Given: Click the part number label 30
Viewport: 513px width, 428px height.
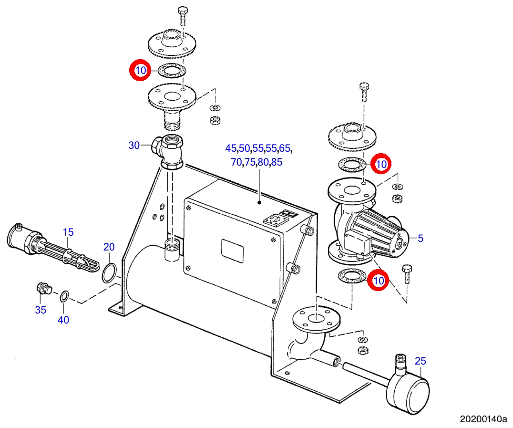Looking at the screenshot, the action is [x=134, y=145].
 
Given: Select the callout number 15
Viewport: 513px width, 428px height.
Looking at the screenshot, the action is [x=68, y=232].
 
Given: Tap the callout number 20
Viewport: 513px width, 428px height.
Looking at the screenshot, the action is [x=109, y=247].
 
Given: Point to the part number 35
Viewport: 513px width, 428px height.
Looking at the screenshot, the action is [x=41, y=310].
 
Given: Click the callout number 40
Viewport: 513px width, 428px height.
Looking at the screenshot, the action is [x=63, y=320].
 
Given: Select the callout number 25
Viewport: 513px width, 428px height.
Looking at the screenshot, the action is [x=421, y=361].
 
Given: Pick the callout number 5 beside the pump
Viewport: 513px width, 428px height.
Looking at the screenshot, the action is [x=421, y=239].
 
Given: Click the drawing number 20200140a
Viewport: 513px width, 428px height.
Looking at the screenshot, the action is [x=483, y=419].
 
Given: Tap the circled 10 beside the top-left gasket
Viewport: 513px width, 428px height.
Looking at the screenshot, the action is [x=140, y=71].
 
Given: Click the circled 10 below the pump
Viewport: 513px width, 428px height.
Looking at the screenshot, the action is [x=378, y=281].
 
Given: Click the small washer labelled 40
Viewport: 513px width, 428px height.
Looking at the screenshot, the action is [x=64, y=296].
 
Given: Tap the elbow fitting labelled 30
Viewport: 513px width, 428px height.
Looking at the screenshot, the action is [x=167, y=151].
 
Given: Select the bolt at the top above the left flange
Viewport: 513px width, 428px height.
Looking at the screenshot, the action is [x=182, y=15].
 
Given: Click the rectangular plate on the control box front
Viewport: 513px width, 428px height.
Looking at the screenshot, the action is [x=232, y=251].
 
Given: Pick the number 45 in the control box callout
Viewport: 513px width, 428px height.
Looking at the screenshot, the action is [x=231, y=148].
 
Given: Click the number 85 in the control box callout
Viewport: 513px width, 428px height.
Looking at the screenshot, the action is [x=277, y=162].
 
